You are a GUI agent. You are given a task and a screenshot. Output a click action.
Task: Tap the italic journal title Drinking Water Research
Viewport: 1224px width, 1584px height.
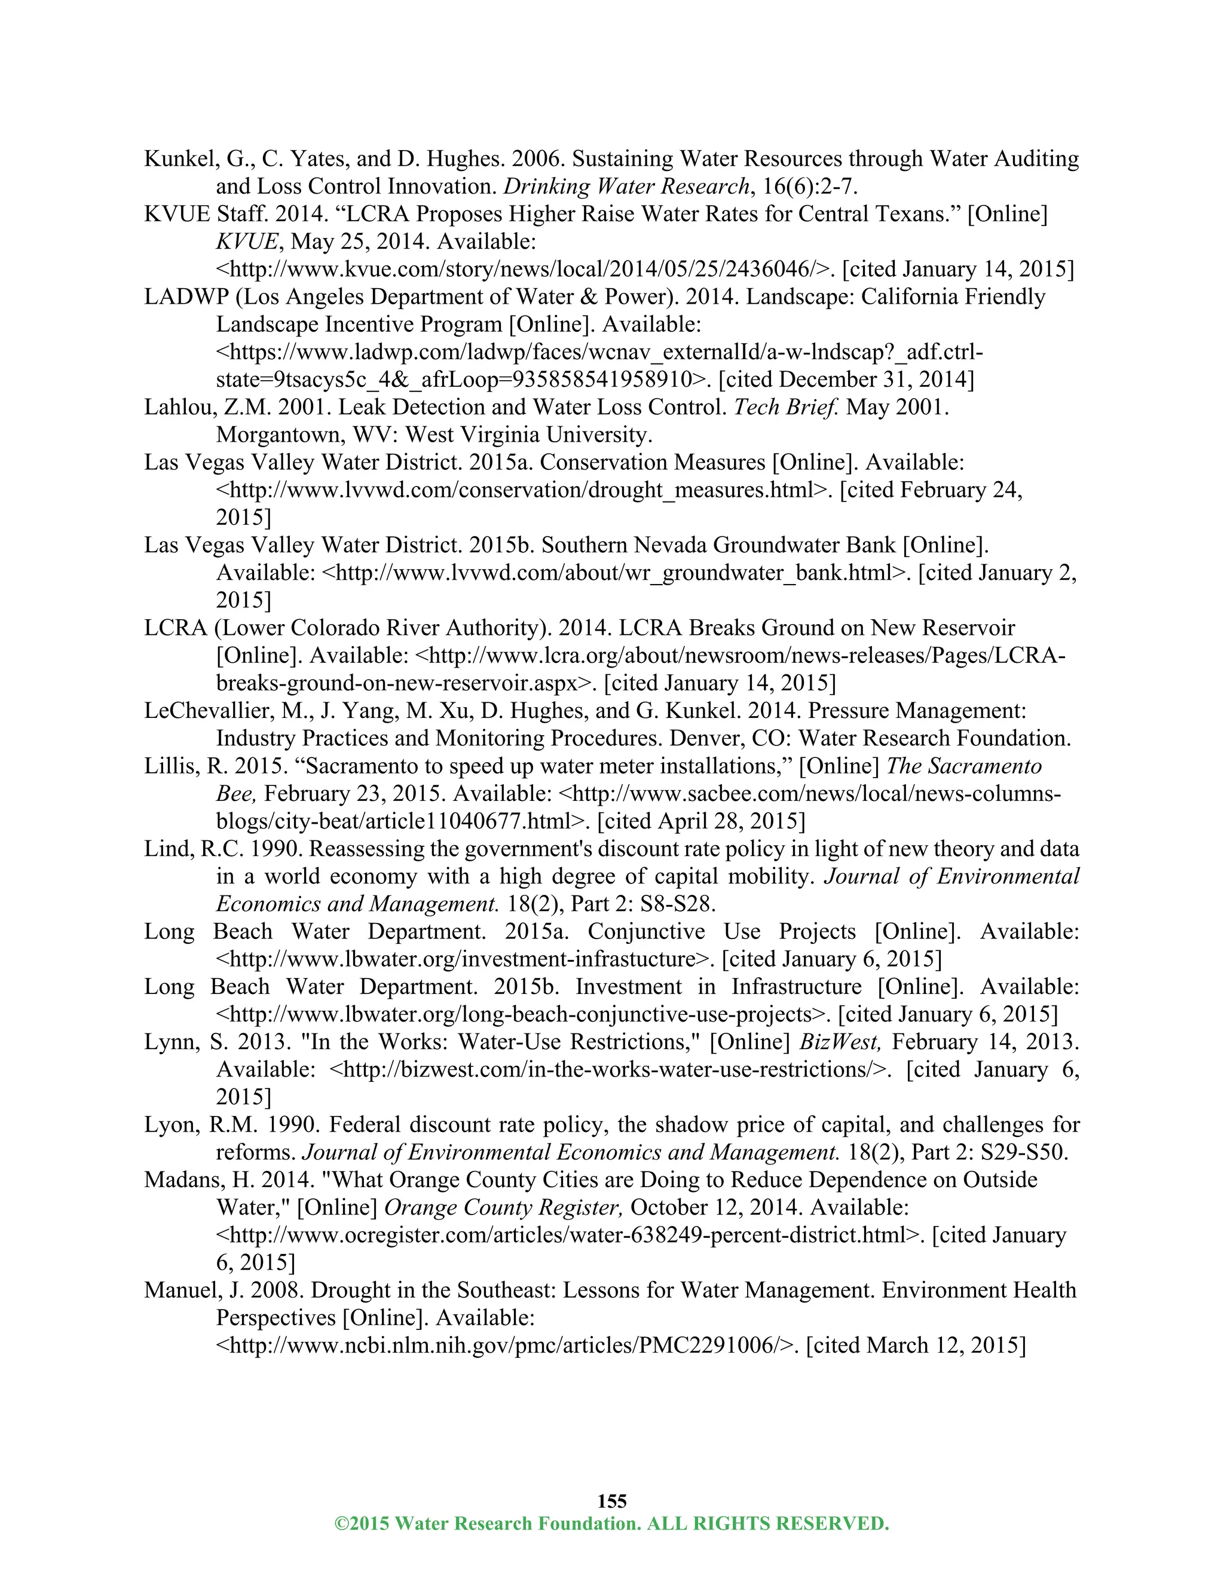(x=626, y=186)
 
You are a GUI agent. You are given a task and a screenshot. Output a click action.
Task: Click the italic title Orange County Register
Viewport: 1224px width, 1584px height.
(x=503, y=1207)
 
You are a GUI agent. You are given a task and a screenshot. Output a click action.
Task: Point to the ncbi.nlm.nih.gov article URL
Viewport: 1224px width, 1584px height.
(x=507, y=1346)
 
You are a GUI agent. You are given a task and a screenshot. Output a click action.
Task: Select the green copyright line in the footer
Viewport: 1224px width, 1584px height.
(x=611, y=1523)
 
